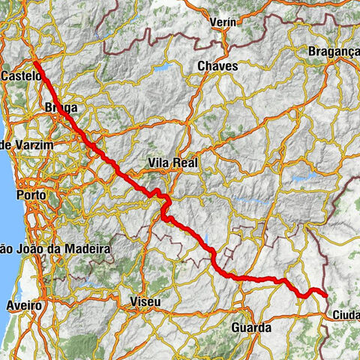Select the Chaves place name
[217, 67]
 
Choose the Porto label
[31, 195]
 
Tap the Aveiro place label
[26, 307]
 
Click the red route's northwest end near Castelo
[36, 62]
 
